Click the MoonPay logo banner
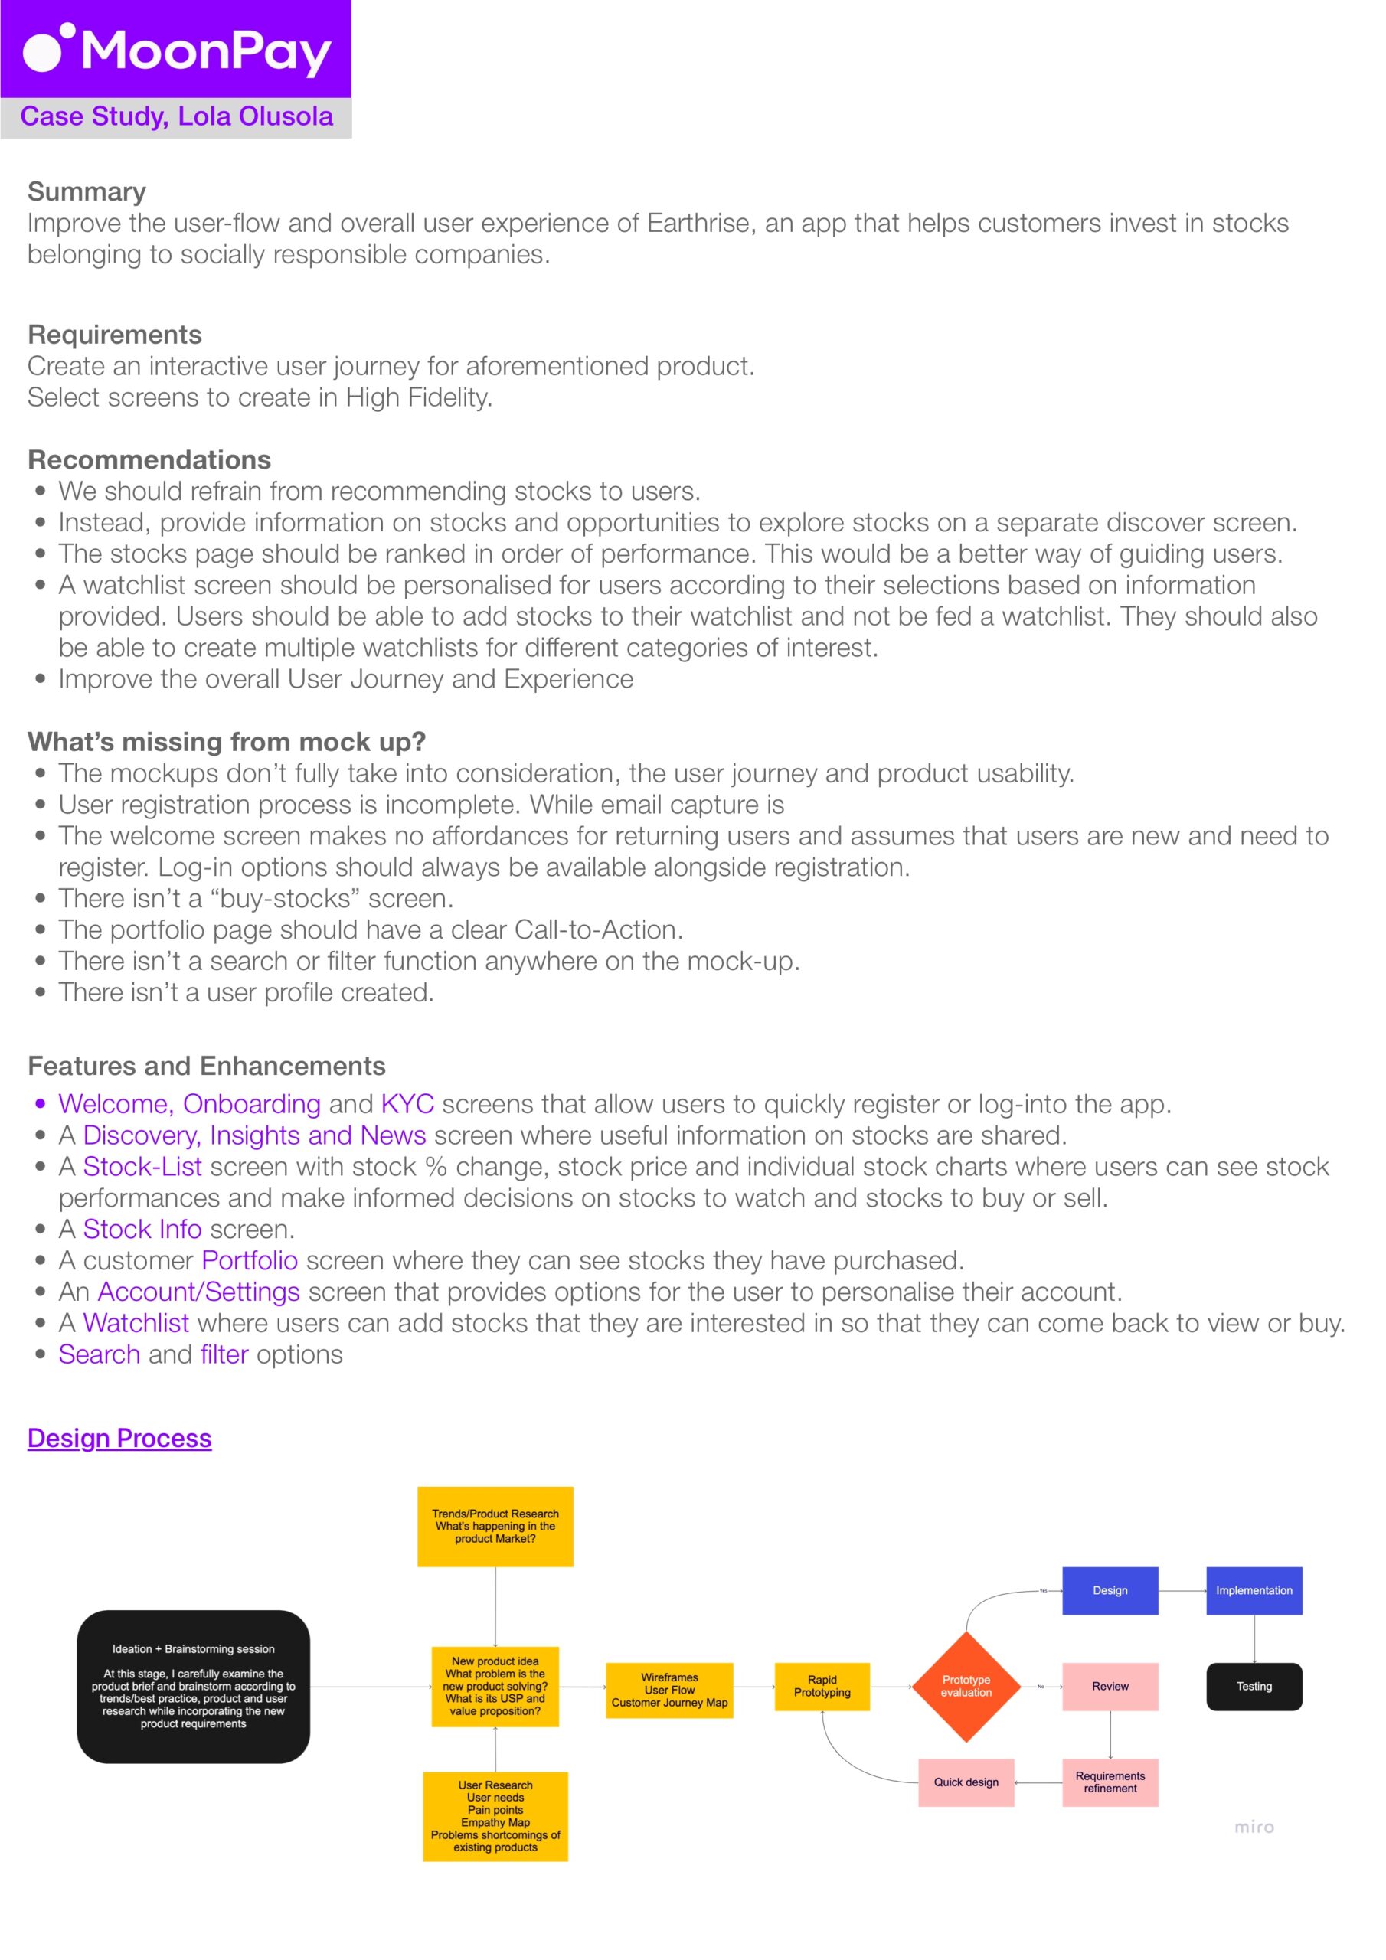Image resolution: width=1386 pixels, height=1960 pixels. coord(175,49)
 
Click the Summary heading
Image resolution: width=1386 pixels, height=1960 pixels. coord(87,191)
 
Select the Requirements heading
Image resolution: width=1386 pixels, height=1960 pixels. coord(114,334)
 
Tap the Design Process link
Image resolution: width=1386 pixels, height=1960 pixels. coord(119,1438)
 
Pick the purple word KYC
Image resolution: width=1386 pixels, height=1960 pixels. coord(407,1104)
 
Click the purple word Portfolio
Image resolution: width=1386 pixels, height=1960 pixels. coord(250,1260)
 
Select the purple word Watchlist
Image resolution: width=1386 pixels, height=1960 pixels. coord(136,1322)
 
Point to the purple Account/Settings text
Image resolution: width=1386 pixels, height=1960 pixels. coord(198,1292)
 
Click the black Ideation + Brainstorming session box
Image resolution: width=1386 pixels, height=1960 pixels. coord(193,1686)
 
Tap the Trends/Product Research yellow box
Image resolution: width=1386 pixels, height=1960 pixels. coord(495,1527)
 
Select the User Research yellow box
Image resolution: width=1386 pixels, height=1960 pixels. coord(495,1816)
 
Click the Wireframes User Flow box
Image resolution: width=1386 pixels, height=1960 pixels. coord(669,1690)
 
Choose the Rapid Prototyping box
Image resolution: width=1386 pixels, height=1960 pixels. coord(822,1686)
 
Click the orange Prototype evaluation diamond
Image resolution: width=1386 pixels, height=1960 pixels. coord(966,1686)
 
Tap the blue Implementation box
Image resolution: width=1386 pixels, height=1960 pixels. coord(1254,1590)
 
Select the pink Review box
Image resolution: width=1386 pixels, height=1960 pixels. coord(1110,1686)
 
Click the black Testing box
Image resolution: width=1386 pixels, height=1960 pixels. coord(1254,1686)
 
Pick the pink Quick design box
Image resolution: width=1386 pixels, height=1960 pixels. coord(966,1782)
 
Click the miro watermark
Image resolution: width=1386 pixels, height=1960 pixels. coord(1254,1827)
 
